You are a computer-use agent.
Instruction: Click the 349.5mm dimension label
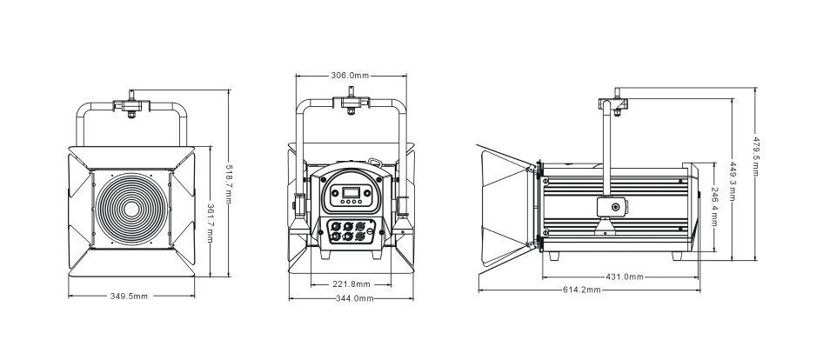click(129, 297)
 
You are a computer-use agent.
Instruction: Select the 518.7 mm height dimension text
click(229, 184)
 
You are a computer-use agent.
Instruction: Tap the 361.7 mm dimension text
click(210, 223)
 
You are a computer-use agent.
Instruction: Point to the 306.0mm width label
click(350, 76)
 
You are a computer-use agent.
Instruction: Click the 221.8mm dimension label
click(351, 284)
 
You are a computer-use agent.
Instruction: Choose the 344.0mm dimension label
click(355, 298)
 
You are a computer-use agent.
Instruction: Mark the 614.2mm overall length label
click(582, 290)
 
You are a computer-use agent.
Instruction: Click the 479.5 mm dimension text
click(756, 157)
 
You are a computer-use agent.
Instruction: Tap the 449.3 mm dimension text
click(733, 181)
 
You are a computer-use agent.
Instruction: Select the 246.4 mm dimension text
click(715, 206)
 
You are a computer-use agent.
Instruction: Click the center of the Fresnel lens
click(131, 210)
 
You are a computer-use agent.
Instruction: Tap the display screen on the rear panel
click(351, 192)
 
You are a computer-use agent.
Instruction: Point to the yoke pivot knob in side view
click(614, 207)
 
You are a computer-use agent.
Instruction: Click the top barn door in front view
click(131, 158)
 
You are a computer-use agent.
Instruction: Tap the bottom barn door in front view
click(131, 263)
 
